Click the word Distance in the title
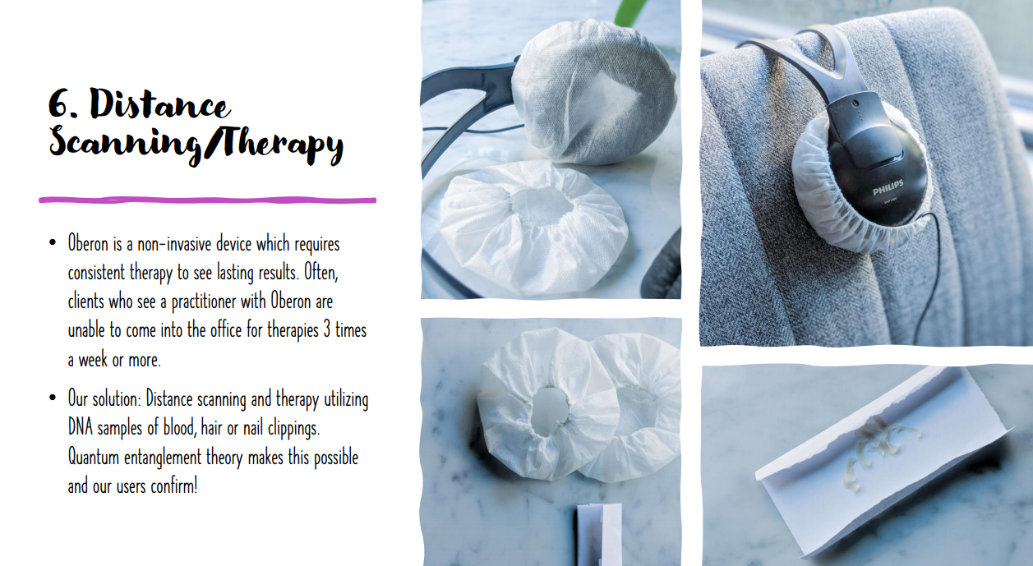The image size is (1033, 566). pyautogui.click(x=159, y=104)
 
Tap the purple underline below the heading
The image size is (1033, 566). pyautogui.click(x=208, y=200)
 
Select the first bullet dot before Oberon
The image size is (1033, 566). pyautogui.click(x=53, y=242)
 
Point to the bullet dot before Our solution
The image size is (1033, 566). pyautogui.click(x=53, y=398)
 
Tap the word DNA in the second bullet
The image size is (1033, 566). pyautogui.click(x=81, y=427)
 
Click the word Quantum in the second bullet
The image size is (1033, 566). pyautogui.click(x=94, y=457)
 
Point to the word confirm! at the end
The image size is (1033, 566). pyautogui.click(x=174, y=485)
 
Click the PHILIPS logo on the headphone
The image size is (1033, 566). pyautogui.click(x=888, y=187)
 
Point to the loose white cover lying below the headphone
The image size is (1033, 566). pyautogui.click(x=534, y=228)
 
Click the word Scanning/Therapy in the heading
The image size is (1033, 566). pyautogui.click(x=196, y=144)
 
